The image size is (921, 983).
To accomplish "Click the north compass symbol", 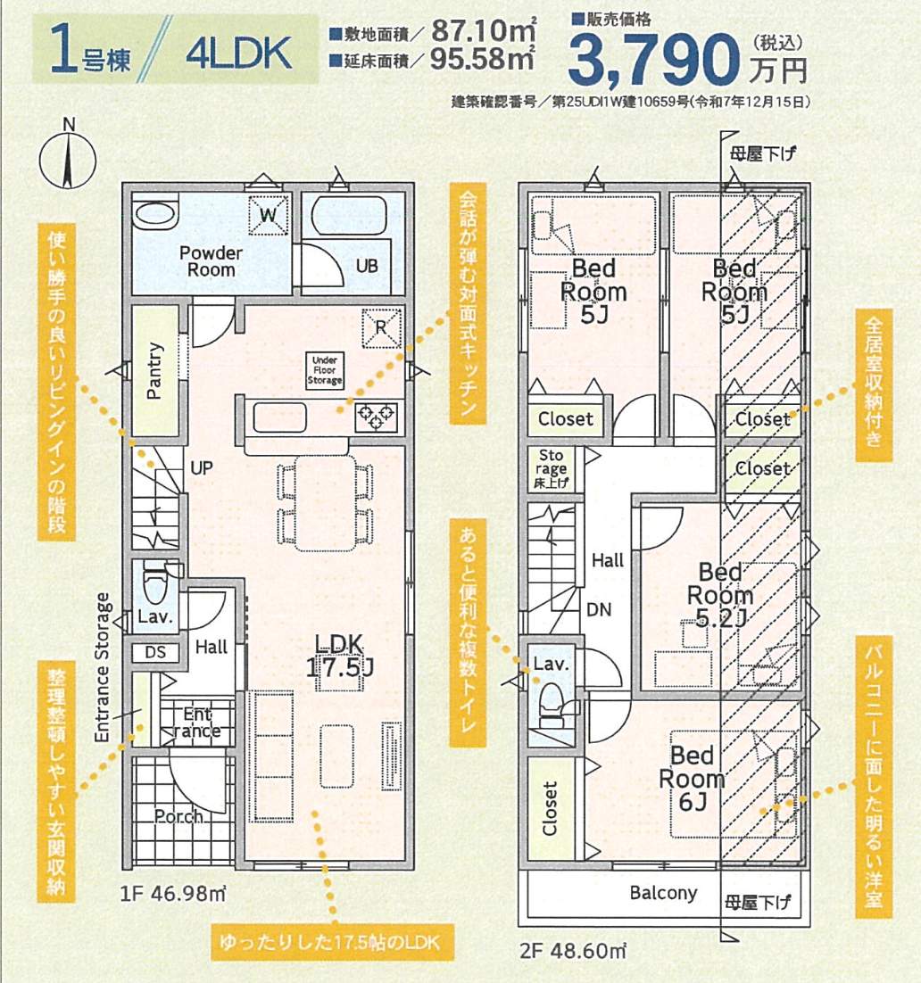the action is pyautogui.click(x=68, y=157).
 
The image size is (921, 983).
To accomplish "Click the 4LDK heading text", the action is pyautogui.click(x=239, y=54).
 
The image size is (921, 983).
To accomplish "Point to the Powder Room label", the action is pyautogui.click(x=211, y=261).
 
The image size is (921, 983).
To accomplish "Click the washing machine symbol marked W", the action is pyautogui.click(x=268, y=215).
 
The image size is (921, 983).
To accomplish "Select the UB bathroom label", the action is pyautogui.click(x=367, y=266).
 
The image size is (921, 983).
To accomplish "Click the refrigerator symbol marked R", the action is pyautogui.click(x=381, y=328).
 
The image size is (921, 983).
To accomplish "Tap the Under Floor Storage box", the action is pyautogui.click(x=324, y=370).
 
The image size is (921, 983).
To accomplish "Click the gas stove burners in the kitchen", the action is pyautogui.click(x=376, y=417).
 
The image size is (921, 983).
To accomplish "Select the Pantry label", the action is pyautogui.click(x=154, y=370).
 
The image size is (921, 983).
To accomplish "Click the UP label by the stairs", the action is pyautogui.click(x=202, y=467).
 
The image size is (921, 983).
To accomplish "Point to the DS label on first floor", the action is pyautogui.click(x=155, y=652).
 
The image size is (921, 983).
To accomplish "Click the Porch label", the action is pyautogui.click(x=178, y=816).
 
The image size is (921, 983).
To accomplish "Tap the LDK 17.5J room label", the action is pyautogui.click(x=339, y=655).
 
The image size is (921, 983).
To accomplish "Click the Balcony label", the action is pyautogui.click(x=663, y=893).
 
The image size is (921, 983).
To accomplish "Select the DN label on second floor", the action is pyautogui.click(x=599, y=609).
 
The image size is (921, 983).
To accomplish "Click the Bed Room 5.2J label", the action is pyautogui.click(x=720, y=595).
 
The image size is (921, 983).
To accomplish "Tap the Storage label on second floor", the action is pyautogui.click(x=551, y=468).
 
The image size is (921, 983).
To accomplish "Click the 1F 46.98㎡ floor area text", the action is pyautogui.click(x=173, y=893).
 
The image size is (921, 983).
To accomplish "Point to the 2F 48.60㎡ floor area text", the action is pyautogui.click(x=573, y=951).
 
